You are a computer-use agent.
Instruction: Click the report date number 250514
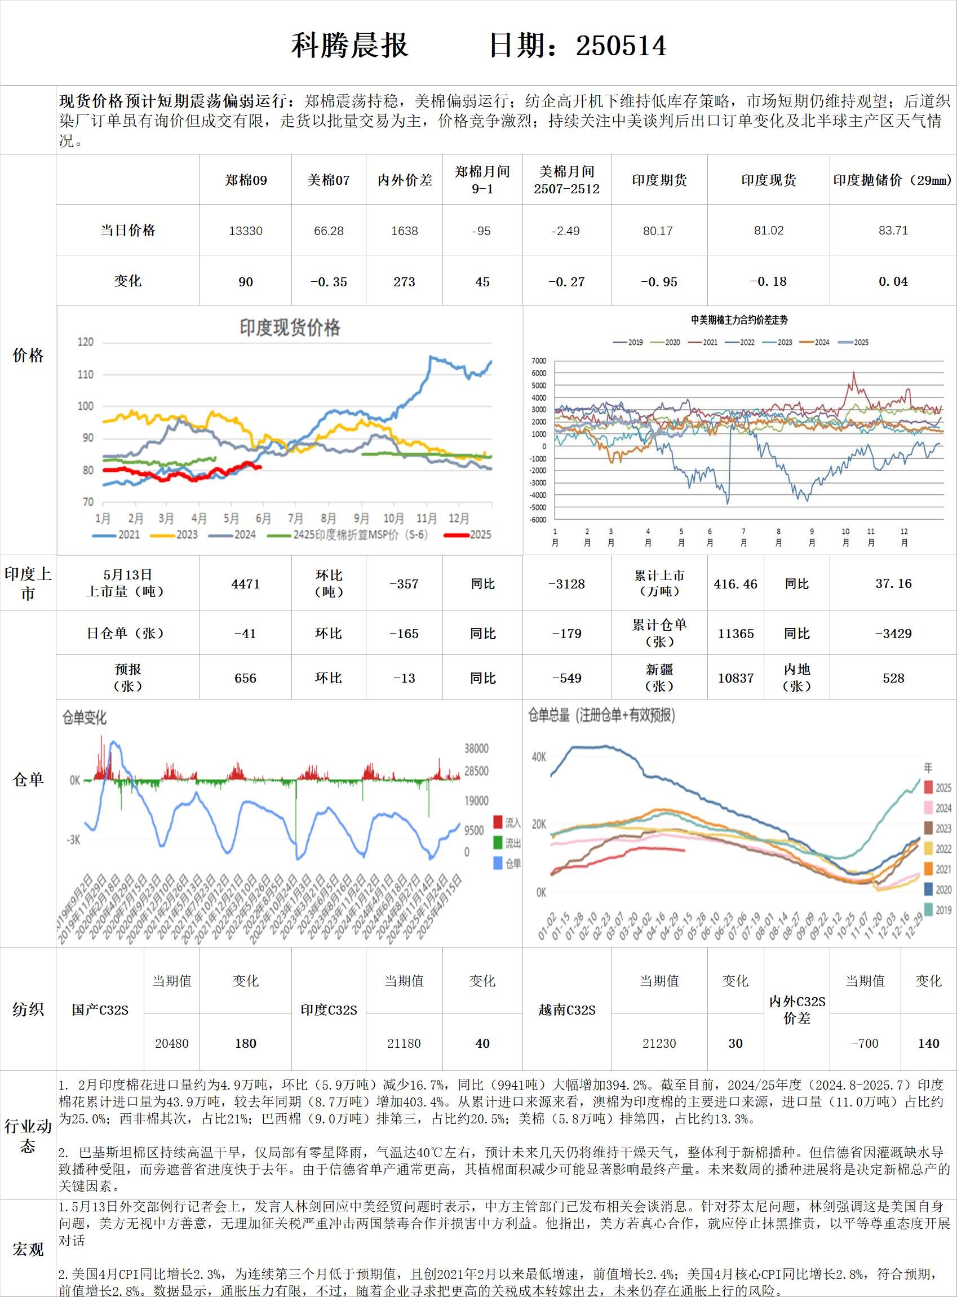pos(621,46)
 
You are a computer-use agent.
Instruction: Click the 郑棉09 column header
pos(246,180)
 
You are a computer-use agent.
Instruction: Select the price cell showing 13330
pos(246,231)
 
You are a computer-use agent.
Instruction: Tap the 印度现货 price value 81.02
pos(768,231)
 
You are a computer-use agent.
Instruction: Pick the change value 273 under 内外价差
pos(404,281)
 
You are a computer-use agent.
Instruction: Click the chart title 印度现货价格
pos(290,328)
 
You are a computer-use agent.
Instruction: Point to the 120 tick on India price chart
pos(85,342)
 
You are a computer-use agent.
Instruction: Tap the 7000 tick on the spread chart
pos(538,361)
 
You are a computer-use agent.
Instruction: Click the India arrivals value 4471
pos(246,584)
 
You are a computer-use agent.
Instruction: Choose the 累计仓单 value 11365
pos(736,634)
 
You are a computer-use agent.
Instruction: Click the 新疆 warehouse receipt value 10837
pos(736,678)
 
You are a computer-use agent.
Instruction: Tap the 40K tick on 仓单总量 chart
pos(539,757)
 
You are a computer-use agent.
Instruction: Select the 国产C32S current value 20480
pos(171,1043)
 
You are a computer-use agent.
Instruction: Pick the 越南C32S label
pos(566,1010)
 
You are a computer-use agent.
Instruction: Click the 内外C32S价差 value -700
pos(865,1043)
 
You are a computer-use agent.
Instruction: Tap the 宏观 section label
pos(28,1250)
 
